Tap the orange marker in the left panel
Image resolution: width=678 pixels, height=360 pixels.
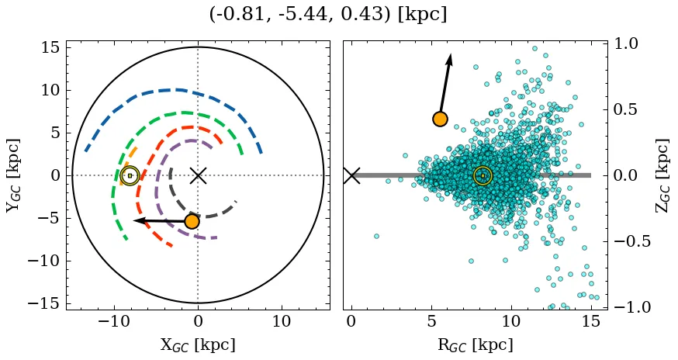tap(192, 221)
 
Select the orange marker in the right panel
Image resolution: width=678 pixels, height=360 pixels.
tap(440, 119)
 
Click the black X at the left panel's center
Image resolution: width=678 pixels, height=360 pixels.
tap(198, 175)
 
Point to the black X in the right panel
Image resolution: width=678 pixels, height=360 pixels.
tap(351, 175)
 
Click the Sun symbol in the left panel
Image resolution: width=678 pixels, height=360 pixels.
tap(130, 175)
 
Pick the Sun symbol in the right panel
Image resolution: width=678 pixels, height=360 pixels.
tap(483, 175)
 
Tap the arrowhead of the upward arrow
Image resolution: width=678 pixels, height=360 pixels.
tap(449, 59)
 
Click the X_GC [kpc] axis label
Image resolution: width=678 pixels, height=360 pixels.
tap(197, 344)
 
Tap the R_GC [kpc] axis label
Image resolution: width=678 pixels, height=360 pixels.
tap(475, 344)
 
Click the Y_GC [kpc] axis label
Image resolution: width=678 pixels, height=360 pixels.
tap(13, 175)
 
